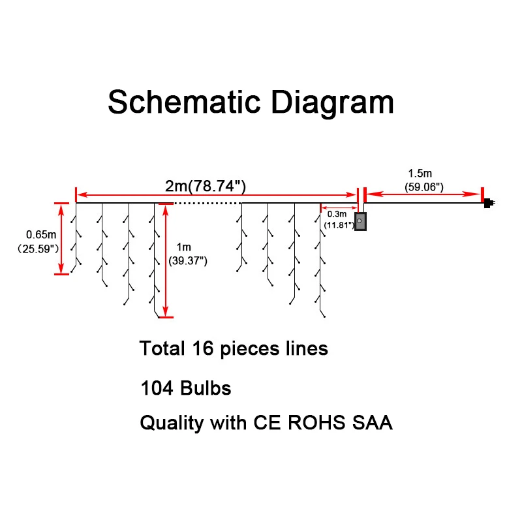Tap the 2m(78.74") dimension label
[206, 186]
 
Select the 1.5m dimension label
[420, 174]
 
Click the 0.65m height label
[40, 234]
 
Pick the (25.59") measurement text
[38, 248]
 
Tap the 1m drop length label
[185, 247]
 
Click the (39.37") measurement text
[188, 260]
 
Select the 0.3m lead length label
[337, 214]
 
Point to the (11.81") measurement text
[338, 224]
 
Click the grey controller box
[360, 221]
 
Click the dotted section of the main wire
[206, 204]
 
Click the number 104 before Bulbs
[157, 389]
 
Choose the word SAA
[373, 423]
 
